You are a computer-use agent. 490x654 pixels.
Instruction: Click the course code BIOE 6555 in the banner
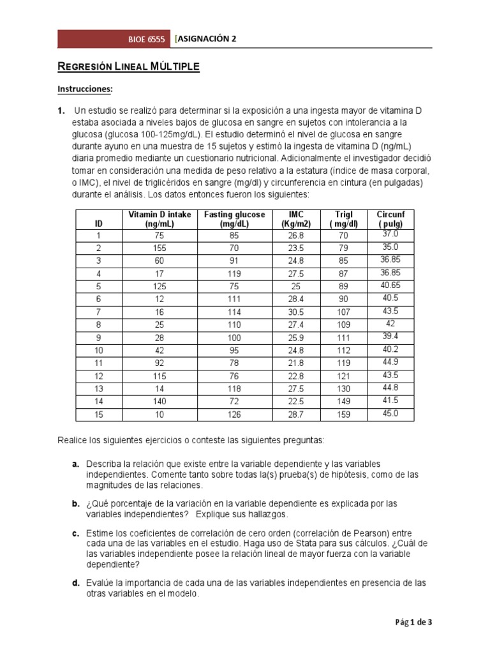[146, 39]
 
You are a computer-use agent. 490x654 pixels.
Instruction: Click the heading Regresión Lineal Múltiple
[128, 66]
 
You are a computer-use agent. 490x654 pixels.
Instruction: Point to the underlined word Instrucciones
[85, 88]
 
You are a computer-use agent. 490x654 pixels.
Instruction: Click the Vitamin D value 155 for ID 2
[160, 248]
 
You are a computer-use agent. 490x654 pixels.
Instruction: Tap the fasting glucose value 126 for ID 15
[234, 414]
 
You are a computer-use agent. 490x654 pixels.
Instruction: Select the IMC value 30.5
[295, 312]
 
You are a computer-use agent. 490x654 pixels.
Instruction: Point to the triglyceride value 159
[344, 414]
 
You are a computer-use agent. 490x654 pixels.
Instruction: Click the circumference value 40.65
[390, 285]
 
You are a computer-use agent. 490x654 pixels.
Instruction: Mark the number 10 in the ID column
[98, 350]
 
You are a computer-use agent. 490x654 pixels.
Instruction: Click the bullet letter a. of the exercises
[75, 463]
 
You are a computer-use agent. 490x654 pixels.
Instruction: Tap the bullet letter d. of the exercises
[75, 583]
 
